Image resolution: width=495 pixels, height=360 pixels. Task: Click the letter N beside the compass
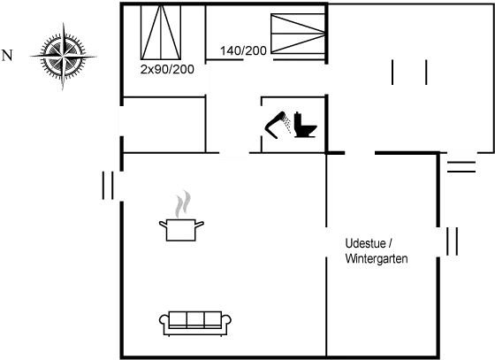pos(7,56)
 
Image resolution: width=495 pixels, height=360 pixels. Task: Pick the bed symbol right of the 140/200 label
pos(296,34)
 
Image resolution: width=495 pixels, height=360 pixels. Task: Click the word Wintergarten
pos(375,259)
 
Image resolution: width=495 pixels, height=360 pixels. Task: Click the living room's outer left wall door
pos(120,185)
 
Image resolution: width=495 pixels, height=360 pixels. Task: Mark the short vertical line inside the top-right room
pos(427,73)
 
